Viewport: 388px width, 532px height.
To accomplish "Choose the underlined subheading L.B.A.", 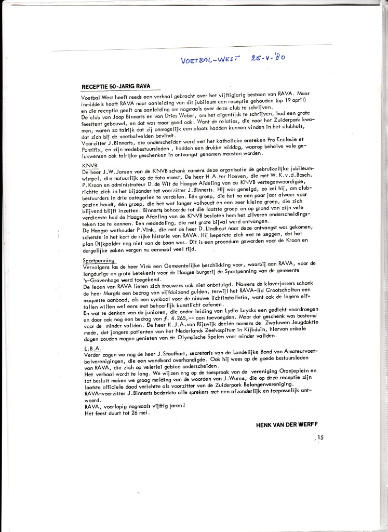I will [x=92, y=348].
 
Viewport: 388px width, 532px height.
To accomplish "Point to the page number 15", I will [x=320, y=438].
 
